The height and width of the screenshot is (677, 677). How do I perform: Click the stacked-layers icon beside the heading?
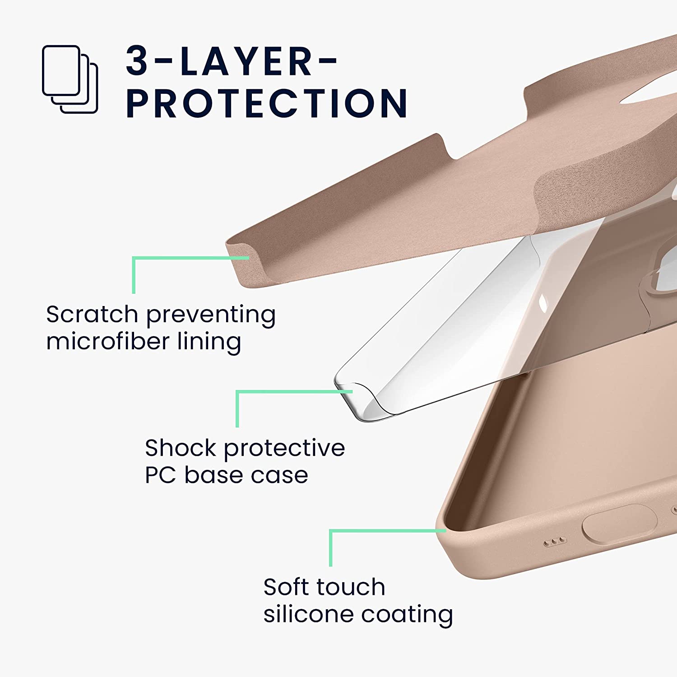[70, 79]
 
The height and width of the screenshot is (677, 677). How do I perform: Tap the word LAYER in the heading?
[246, 61]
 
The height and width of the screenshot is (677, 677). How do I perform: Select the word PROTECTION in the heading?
[266, 103]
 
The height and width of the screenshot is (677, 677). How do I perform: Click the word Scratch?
[92, 314]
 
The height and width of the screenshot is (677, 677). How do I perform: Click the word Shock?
[181, 448]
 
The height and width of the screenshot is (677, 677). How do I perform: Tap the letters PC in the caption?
[160, 475]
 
